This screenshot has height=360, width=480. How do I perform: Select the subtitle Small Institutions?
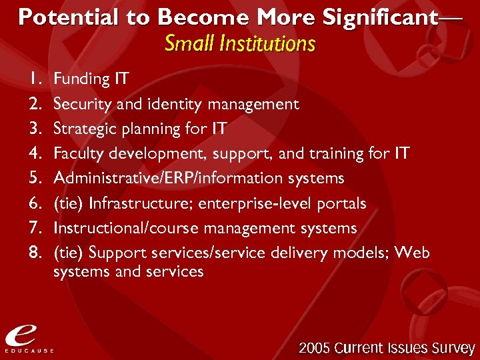[239, 44]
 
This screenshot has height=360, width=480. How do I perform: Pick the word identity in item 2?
[165, 104]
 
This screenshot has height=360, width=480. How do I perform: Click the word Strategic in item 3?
[79, 129]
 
